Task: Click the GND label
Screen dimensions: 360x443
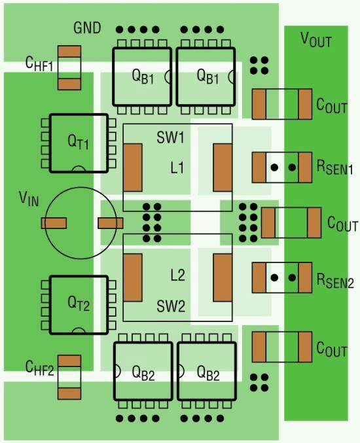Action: (x=87, y=28)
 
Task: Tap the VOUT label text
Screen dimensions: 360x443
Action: (x=316, y=40)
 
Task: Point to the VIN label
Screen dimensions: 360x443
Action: (x=29, y=199)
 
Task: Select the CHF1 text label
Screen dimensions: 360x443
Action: (x=39, y=64)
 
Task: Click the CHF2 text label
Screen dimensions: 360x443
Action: (x=39, y=368)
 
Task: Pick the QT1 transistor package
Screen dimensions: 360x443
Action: (x=79, y=143)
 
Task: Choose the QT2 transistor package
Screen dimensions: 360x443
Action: (x=79, y=305)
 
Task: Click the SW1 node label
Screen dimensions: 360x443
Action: (x=170, y=137)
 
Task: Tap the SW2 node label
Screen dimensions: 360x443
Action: (x=171, y=306)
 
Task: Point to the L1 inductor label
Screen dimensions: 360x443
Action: (x=177, y=168)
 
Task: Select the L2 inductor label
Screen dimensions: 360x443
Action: (x=178, y=275)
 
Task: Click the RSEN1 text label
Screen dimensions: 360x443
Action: (x=334, y=168)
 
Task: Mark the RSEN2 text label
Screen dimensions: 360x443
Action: (x=335, y=281)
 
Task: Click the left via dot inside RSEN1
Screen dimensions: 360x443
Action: (x=274, y=168)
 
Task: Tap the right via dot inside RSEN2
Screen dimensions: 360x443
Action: (x=292, y=277)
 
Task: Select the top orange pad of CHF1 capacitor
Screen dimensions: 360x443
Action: (x=69, y=52)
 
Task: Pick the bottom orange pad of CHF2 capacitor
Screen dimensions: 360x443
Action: (x=69, y=394)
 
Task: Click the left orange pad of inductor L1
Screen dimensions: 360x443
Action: (x=133, y=168)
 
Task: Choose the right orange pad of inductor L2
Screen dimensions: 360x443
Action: (x=223, y=277)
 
